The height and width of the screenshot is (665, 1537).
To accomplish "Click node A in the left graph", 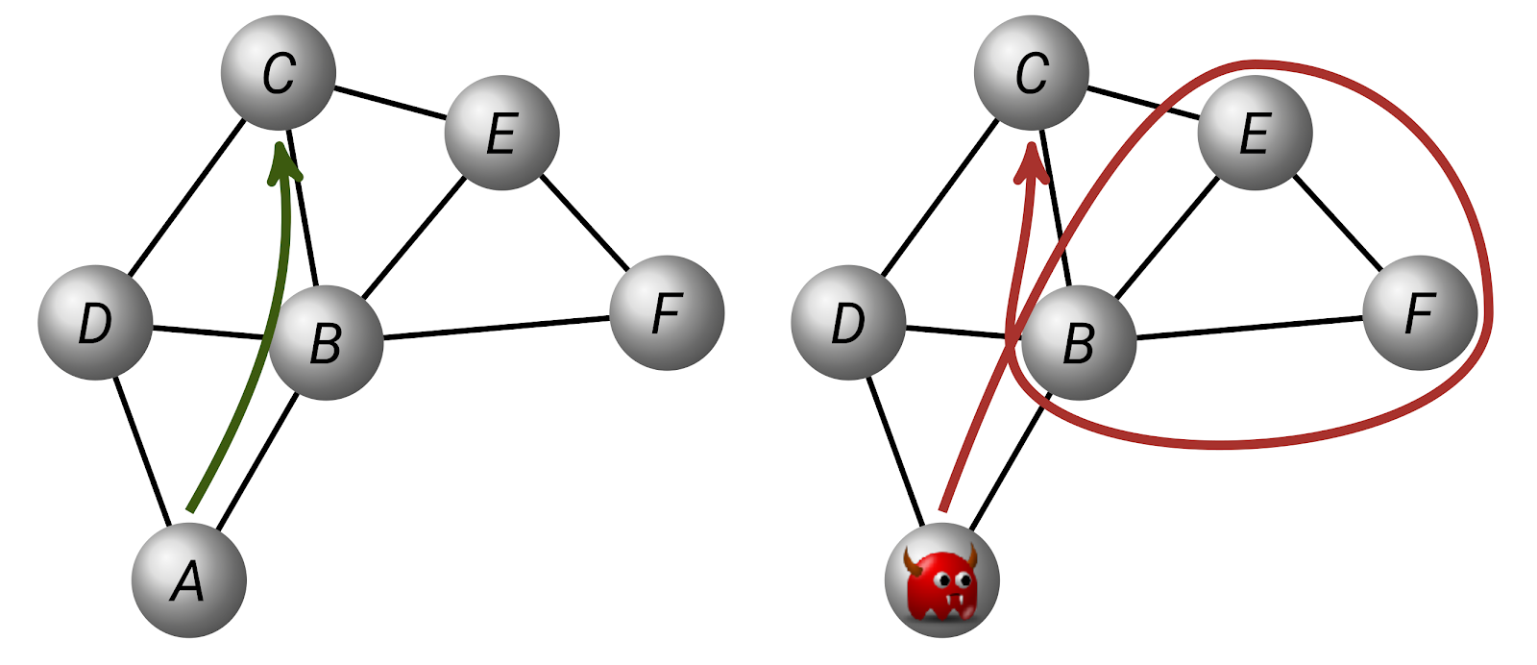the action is (188, 580).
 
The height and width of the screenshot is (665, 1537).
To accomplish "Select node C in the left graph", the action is (279, 72).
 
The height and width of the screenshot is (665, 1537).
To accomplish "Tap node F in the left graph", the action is (667, 313).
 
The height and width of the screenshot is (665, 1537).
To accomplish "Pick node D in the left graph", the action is (95, 323).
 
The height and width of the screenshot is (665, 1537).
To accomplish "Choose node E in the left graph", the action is (502, 133).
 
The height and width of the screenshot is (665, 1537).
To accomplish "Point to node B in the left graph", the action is (326, 342).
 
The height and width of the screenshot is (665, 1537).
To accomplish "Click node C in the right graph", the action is (1032, 72).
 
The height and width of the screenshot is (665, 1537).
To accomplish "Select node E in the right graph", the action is (1255, 133).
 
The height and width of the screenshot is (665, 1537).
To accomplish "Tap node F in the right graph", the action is (1420, 313).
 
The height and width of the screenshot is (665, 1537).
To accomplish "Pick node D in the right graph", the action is (848, 323).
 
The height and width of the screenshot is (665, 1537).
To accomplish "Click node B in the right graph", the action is (1079, 342).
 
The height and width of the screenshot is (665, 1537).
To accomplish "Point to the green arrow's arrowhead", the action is (282, 162).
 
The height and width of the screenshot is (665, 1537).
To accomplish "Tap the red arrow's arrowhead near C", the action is (1032, 161).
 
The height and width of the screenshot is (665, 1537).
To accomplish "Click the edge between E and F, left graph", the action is (585, 222).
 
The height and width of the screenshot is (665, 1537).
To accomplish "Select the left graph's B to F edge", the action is (496, 328).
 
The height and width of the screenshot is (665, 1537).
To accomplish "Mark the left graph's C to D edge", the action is (187, 198).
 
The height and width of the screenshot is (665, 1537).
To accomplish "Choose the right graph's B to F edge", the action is (1249, 328).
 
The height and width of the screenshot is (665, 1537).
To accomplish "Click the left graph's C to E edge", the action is (390, 102).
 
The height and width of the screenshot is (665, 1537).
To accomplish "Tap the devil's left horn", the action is (912, 560).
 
